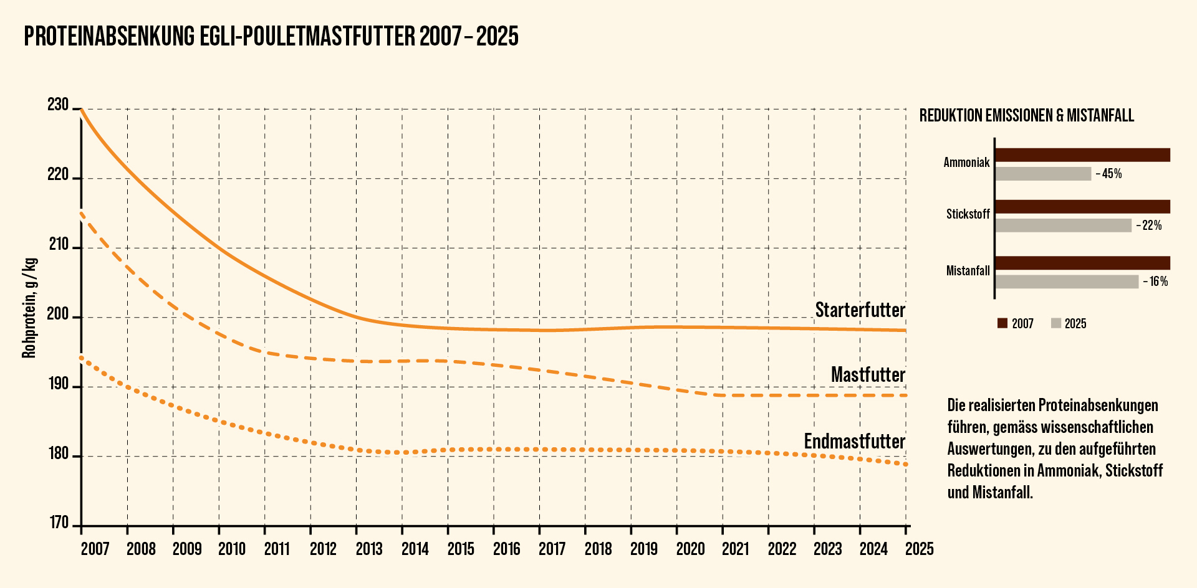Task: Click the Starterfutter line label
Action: tap(860, 310)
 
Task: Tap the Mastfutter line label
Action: tap(868, 375)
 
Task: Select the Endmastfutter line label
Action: tap(854, 442)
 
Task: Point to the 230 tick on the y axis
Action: tap(58, 105)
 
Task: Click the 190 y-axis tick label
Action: tap(58, 384)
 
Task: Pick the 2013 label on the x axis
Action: tap(369, 549)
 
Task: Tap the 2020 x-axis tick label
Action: tap(690, 549)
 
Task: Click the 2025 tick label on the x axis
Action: tap(919, 549)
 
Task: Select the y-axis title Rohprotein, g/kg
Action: tap(29, 308)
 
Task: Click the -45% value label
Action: tap(1108, 174)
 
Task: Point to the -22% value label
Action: tap(1149, 225)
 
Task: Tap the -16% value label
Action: tap(1155, 282)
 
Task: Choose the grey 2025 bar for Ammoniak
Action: tap(1043, 174)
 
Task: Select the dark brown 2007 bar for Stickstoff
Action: tap(1082, 207)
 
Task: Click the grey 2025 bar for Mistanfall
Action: tap(1067, 282)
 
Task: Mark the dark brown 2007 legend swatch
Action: tap(1002, 323)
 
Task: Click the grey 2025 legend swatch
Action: tap(1055, 323)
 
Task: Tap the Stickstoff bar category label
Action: tap(968, 214)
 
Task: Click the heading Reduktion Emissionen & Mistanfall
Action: tap(1026, 116)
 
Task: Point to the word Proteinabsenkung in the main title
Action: tap(109, 37)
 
